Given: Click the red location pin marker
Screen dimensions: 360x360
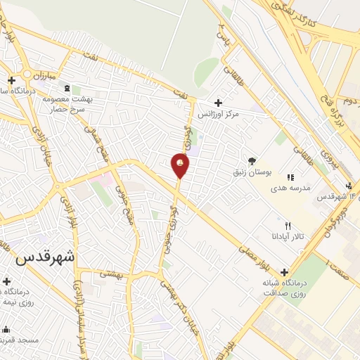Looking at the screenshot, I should click(180, 165).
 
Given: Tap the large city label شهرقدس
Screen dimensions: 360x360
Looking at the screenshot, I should click(43, 257).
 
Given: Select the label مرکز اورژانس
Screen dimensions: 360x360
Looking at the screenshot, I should click(218, 114).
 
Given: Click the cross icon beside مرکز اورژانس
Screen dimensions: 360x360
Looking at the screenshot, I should click(218, 103).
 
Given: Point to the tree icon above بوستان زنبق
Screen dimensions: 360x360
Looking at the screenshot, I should click(252, 160).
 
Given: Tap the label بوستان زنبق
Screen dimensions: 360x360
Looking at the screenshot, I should click(251, 172).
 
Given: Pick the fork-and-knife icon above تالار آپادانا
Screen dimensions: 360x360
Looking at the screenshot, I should click(288, 226).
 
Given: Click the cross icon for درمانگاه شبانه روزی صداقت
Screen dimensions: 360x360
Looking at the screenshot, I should click(284, 272).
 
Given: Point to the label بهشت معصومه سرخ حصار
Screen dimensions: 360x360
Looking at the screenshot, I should click(66, 105).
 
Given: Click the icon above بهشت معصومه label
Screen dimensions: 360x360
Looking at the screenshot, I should click(67, 89).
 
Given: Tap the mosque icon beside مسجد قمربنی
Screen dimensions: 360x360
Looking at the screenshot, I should click(7, 329).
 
